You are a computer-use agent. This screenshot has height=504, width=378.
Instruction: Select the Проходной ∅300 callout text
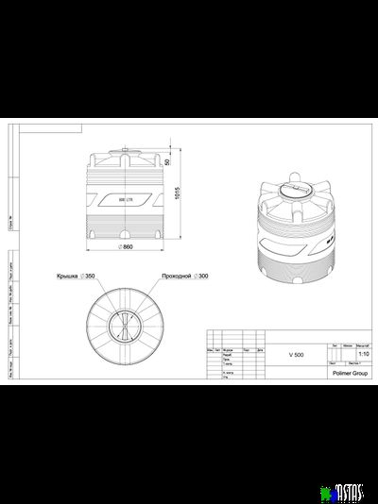click(185, 277)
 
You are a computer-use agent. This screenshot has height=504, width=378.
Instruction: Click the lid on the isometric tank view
click(294, 190)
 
